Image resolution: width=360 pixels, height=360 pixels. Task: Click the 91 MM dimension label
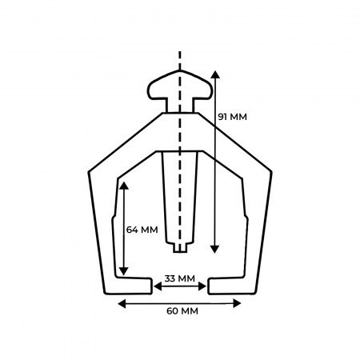(x=232, y=117)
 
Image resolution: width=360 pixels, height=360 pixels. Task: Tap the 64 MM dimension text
(x=142, y=230)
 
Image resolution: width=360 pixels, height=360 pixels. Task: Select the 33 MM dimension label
(x=180, y=278)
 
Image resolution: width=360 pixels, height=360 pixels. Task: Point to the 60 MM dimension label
(x=182, y=311)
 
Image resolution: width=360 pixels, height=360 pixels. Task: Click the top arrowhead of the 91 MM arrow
(x=215, y=74)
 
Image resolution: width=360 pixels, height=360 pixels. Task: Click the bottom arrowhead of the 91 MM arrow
(x=214, y=249)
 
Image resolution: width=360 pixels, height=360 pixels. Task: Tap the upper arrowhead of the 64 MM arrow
(x=124, y=186)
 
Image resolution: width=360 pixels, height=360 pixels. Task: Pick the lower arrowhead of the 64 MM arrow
(x=123, y=271)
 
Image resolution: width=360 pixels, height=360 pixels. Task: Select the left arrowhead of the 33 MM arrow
(x=158, y=286)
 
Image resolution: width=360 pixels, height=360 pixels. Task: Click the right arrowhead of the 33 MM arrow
(x=202, y=286)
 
